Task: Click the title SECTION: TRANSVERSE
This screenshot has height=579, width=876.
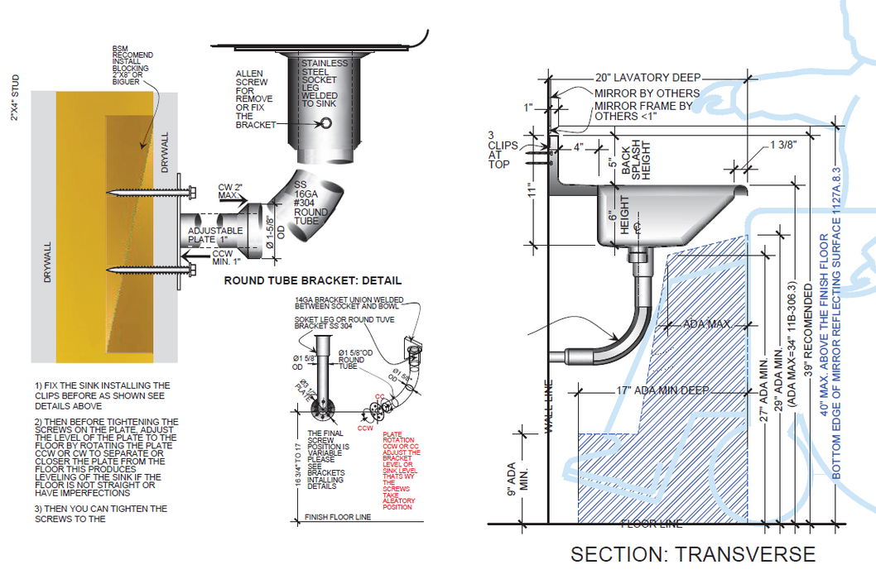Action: click(692, 554)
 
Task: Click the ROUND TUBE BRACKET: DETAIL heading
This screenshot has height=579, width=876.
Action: click(313, 280)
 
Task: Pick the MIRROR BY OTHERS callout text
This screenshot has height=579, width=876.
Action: click(647, 93)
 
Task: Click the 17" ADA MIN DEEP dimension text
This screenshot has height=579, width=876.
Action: click(662, 390)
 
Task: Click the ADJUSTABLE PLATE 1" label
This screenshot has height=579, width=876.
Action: click(215, 235)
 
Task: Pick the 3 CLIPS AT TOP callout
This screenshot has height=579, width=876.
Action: click(502, 150)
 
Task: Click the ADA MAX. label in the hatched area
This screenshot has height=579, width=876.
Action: click(705, 323)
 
